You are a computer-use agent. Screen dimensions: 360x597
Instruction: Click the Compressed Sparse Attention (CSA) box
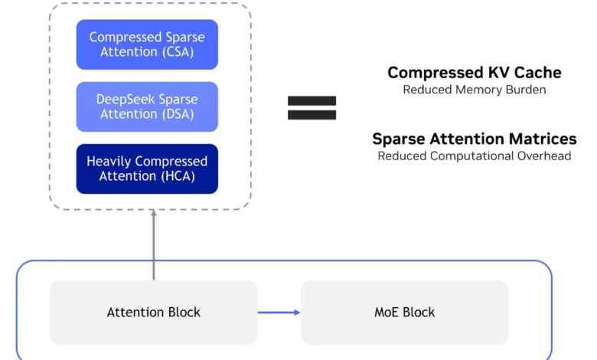coord(147,44)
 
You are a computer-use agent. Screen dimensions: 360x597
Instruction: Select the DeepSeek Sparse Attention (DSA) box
coord(147,106)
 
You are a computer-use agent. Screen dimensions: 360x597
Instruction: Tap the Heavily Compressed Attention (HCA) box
coord(147,169)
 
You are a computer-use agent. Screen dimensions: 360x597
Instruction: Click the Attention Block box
coord(154,312)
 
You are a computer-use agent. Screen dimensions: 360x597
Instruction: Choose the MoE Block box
coord(404,312)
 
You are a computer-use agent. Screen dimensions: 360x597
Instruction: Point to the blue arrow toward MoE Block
coord(279,312)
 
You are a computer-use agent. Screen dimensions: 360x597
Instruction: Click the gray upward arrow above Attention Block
coord(154,245)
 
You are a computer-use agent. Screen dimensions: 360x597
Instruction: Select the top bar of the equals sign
coord(312,100)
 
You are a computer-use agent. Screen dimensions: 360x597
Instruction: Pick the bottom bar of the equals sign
coord(312,115)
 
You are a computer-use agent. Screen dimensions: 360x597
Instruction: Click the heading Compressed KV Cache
coord(474,73)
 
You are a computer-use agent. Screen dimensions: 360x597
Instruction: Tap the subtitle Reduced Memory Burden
coord(474,90)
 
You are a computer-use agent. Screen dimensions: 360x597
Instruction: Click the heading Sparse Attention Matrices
coord(474,139)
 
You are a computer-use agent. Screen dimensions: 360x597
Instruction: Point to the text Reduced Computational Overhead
coord(474,155)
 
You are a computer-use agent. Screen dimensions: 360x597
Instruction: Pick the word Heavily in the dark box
coord(109,162)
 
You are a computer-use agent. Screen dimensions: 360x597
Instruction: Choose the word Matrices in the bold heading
coord(545,139)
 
